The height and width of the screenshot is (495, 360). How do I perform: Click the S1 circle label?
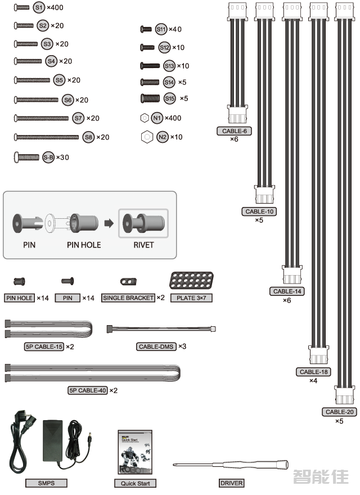tap(39, 8)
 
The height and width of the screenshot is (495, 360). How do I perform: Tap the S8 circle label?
tap(88, 137)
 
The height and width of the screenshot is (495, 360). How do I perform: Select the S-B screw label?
tap(48, 157)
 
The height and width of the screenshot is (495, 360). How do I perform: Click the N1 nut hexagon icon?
tap(144, 118)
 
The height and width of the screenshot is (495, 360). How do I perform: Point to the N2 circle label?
tap(162, 137)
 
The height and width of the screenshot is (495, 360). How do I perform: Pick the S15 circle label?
tap(170, 98)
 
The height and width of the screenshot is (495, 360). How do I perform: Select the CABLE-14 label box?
tap(287, 291)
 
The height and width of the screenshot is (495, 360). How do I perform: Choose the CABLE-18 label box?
tap(314, 372)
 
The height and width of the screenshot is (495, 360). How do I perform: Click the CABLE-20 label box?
tap(340, 412)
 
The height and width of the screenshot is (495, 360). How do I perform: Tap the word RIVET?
tap(143, 245)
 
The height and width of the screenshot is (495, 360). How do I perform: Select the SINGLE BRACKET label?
tap(128, 298)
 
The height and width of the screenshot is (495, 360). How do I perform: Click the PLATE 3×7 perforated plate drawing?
tap(191, 280)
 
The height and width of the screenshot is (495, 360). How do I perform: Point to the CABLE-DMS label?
tap(156, 346)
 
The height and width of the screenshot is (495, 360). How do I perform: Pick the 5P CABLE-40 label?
tap(87, 390)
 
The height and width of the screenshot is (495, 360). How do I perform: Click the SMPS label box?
tap(46, 483)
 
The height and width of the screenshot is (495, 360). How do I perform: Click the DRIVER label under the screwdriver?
tap(231, 483)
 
